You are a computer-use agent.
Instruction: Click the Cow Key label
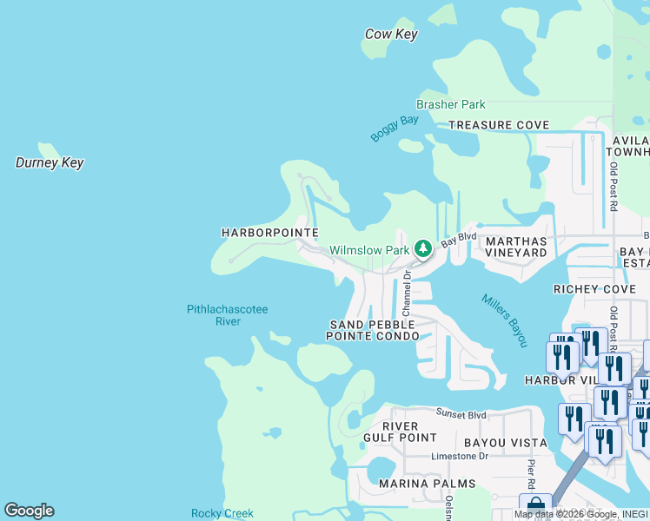pyautogui.click(x=391, y=35)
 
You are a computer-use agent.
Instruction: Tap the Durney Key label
pyautogui.click(x=50, y=162)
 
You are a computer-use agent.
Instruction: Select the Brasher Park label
pyautogui.click(x=450, y=105)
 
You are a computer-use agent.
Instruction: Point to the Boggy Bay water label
pyautogui.click(x=395, y=129)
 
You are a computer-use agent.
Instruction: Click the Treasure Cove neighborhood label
pyautogui.click(x=499, y=125)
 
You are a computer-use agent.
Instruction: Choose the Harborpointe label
pyautogui.click(x=269, y=233)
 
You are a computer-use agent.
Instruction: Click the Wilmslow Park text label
pyautogui.click(x=368, y=250)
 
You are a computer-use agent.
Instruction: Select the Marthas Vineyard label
pyautogui.click(x=516, y=247)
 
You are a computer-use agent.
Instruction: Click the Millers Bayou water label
pyautogui.click(x=504, y=320)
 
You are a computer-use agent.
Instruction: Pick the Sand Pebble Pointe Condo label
pyautogui.click(x=374, y=330)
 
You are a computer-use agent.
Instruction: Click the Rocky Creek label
pyautogui.click(x=222, y=513)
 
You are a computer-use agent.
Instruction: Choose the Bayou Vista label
pyautogui.click(x=505, y=443)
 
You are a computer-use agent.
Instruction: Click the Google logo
pyautogui.click(x=30, y=511)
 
